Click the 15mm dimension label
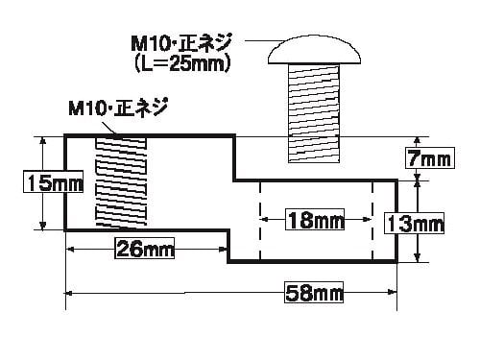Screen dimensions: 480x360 [54, 181]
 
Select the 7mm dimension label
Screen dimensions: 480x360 [430, 157]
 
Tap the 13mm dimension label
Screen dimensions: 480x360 [415, 223]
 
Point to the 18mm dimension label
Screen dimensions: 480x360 [315, 220]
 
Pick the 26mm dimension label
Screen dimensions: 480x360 [145, 248]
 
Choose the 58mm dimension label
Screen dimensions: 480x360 [314, 293]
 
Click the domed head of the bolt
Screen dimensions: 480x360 [315, 50]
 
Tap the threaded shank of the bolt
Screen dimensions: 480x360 [314, 113]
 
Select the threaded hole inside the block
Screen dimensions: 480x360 [121, 181]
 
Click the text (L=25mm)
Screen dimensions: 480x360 [182, 64]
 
